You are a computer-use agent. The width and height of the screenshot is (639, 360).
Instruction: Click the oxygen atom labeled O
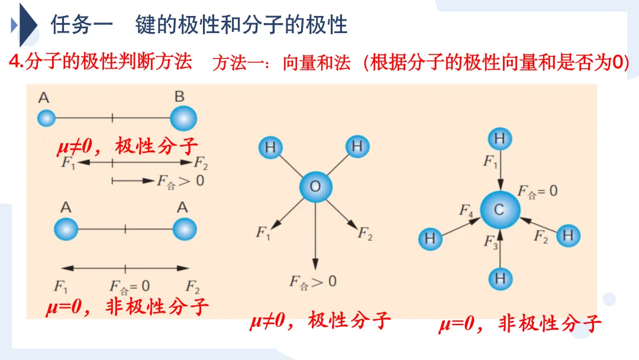tap(315, 188)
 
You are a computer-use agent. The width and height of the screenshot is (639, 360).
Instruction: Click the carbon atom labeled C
tap(500, 210)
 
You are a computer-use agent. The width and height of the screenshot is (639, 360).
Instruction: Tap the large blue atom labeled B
tap(183, 118)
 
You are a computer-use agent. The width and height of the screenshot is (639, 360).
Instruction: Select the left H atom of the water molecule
tap(270, 147)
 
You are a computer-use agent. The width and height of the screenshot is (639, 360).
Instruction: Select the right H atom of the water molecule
tap(357, 146)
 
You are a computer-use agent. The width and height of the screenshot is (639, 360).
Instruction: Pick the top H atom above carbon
tap(500, 140)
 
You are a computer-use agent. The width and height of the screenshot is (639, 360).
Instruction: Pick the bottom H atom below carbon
tap(501, 278)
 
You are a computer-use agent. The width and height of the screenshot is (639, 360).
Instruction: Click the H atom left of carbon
tap(430, 239)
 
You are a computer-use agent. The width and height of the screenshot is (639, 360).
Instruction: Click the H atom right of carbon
tap(568, 236)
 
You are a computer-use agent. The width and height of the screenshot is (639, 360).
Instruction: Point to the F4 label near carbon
tap(466, 210)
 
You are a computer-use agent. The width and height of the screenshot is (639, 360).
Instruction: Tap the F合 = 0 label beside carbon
tap(537, 191)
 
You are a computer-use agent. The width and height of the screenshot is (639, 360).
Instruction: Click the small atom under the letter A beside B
tap(46, 118)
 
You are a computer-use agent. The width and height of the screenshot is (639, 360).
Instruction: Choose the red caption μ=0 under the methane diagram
tap(457, 324)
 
